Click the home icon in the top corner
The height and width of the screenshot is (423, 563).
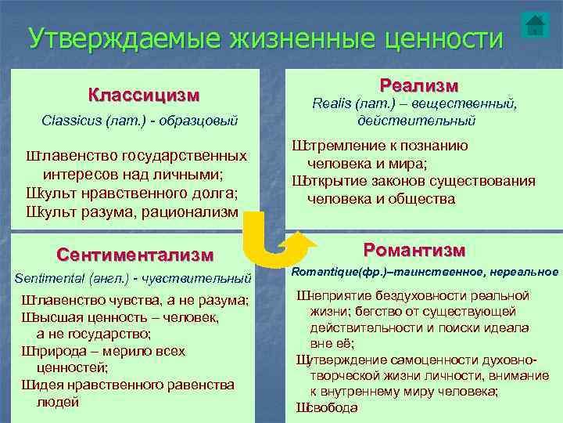click(535, 25)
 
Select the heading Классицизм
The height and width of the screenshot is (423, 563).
click(144, 96)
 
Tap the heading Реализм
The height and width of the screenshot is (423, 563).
click(418, 85)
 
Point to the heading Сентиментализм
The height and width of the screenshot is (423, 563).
click(134, 255)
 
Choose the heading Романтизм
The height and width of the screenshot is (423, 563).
click(414, 251)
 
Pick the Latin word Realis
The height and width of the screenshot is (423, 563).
click(332, 103)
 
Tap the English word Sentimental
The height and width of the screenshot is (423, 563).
click(49, 277)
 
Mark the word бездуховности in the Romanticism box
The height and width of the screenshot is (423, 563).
click(410, 295)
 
